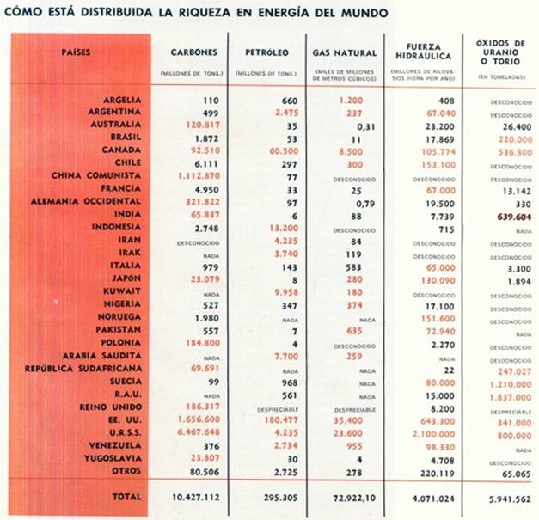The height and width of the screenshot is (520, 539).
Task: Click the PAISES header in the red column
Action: coord(77,52)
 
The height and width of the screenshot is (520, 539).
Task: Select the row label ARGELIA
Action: coord(121,101)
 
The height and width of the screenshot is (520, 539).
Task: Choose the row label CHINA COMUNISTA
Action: coord(101,175)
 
